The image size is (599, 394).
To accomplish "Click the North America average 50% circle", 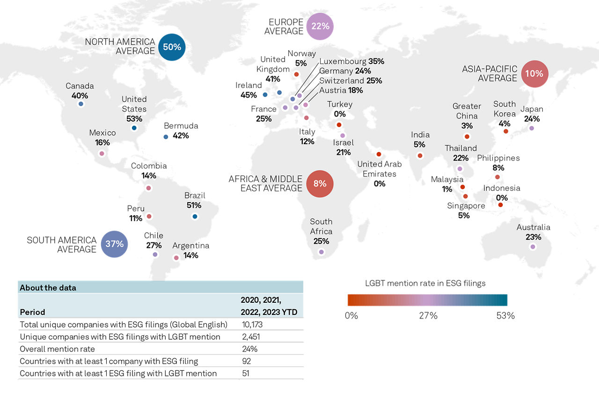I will coord(172,47).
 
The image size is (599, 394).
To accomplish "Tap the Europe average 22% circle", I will coord(320,27).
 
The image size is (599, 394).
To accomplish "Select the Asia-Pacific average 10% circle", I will coord(534,74).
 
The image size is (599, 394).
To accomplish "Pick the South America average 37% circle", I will coord(114,244).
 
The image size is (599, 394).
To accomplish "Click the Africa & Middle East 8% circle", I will coord(320,183).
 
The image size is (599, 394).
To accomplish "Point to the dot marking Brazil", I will coord(195,216).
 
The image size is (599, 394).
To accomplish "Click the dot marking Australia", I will coord(533,247).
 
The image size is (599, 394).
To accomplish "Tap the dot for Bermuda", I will coord(166,137).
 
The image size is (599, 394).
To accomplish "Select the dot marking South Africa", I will coord(321,252).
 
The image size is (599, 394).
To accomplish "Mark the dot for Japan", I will coord(532,128).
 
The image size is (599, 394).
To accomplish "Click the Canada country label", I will coord(80,86).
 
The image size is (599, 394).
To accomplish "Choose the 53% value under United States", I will coord(134,119).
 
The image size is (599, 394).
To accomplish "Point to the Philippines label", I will coord(498,158).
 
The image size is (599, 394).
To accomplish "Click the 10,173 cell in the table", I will coord(252,324).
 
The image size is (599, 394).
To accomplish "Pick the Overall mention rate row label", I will coord(57,349).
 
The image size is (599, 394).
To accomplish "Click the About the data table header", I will coord(48,288).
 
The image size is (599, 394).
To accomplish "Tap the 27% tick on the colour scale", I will coord(428,316).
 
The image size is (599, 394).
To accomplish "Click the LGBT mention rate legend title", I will coord(425,283).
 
